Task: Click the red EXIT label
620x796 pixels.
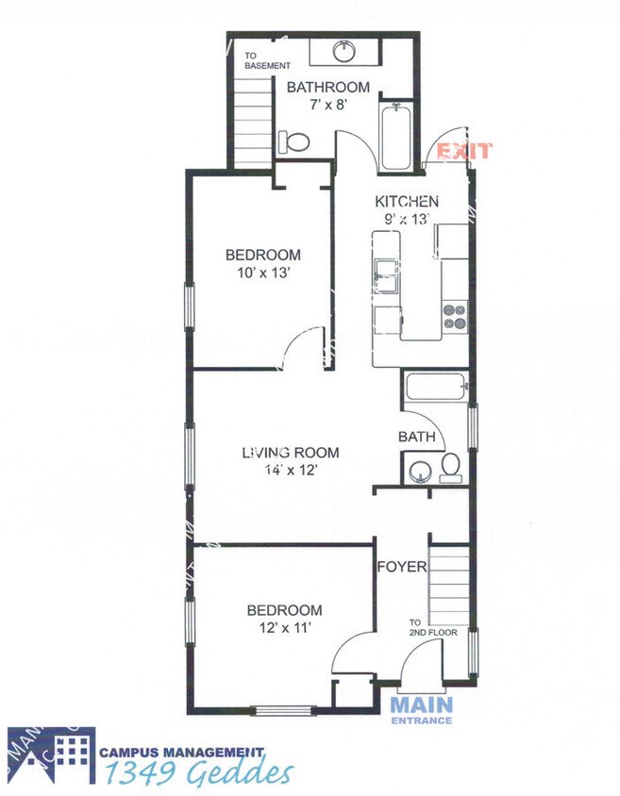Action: click(x=463, y=151)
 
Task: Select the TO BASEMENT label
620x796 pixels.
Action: click(x=261, y=60)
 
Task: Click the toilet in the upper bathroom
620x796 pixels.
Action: click(x=294, y=142)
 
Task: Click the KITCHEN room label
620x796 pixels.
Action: click(x=407, y=201)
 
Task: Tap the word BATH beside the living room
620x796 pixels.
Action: click(x=416, y=437)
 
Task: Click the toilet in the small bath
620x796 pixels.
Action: click(x=450, y=469)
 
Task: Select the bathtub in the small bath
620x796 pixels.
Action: click(x=434, y=387)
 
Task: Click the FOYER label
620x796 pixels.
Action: click(x=402, y=567)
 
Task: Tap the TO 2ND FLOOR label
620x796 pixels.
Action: click(x=433, y=627)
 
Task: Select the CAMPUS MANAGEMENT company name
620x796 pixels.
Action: click(x=181, y=753)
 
